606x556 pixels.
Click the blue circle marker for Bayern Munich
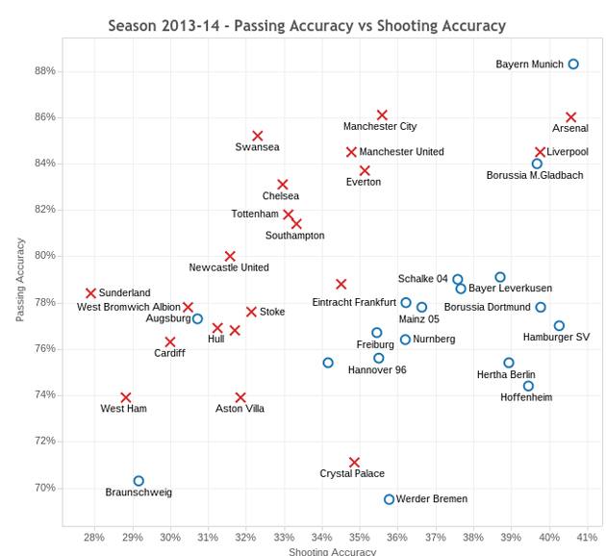coord(573,64)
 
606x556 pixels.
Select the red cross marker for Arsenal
coord(571,117)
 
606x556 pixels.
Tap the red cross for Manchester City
coord(382,115)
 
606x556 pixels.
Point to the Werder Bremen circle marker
coord(390,499)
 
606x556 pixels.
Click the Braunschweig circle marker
coord(139,481)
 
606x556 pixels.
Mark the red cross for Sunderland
coord(91,293)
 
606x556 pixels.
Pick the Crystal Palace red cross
coord(354,463)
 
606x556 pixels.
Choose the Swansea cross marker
coord(258,137)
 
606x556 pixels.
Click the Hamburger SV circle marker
coord(559,326)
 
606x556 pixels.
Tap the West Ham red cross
coord(126,397)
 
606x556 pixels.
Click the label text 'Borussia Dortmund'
coord(487,308)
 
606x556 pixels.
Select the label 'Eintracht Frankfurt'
coord(354,303)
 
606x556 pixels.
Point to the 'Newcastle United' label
coord(229,267)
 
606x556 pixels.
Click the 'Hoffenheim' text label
coord(526,397)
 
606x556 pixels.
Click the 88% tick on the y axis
coord(44,71)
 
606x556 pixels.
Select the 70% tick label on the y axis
coord(44,488)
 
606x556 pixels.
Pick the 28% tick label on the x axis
coord(94,537)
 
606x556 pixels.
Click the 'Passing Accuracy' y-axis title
coord(20,279)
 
